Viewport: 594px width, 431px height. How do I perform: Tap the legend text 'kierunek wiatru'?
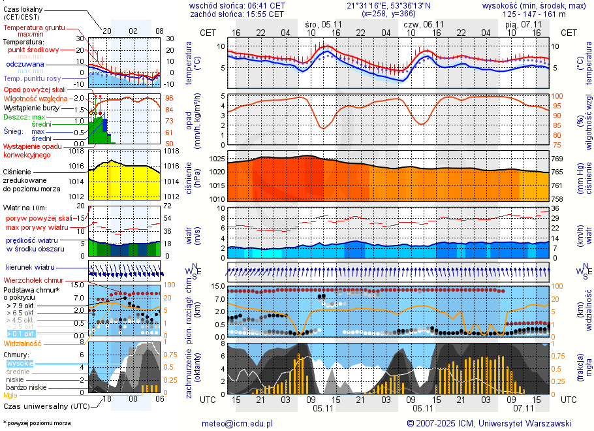click(x=31, y=268)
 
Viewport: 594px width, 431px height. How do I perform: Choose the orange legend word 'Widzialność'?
click(x=22, y=343)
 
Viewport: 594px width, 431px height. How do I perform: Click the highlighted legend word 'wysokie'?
click(x=20, y=363)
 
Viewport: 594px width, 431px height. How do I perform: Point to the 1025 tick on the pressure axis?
click(x=218, y=159)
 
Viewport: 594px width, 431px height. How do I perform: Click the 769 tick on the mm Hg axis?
click(x=557, y=159)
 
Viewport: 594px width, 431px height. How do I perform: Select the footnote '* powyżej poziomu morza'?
click(x=37, y=423)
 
